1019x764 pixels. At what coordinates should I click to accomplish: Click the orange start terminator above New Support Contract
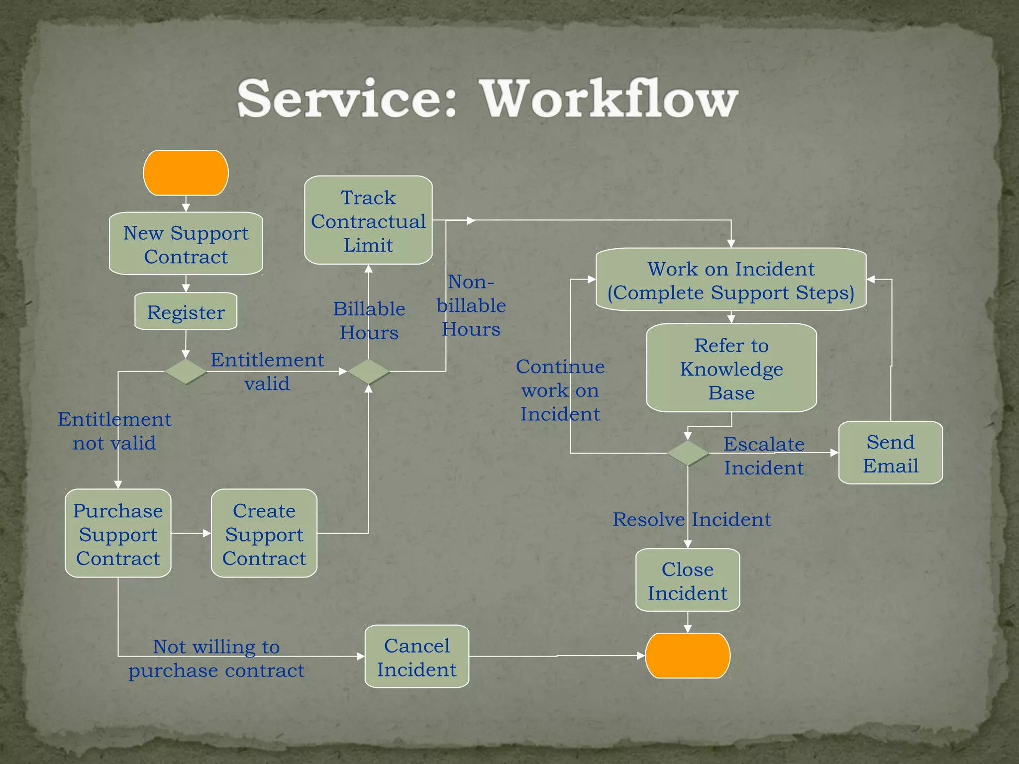point(186,173)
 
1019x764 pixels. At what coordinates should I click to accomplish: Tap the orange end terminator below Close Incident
point(688,656)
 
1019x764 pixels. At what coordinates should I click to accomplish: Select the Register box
point(186,312)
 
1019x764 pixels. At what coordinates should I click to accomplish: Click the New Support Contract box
point(186,244)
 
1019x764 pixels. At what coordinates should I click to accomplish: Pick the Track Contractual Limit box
point(368,220)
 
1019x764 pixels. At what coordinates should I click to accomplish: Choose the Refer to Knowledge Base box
point(731,368)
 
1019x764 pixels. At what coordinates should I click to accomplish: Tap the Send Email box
point(890,453)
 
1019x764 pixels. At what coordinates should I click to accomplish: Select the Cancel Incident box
point(417,657)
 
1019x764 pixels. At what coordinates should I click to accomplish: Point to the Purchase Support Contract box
point(118,534)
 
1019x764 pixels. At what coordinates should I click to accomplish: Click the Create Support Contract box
point(264,534)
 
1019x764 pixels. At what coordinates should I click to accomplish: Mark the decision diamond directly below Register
point(186,372)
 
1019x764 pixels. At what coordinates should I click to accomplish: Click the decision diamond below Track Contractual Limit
point(368,372)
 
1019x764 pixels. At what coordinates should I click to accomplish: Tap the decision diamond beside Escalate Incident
point(688,453)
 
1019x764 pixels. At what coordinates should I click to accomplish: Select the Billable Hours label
point(369,320)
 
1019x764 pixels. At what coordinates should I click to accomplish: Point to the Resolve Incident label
point(692,519)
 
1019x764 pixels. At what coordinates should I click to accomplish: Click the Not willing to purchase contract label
point(216,658)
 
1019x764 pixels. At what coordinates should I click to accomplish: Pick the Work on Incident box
point(731,280)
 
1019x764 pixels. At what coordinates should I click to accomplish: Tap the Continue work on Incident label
point(560,390)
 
